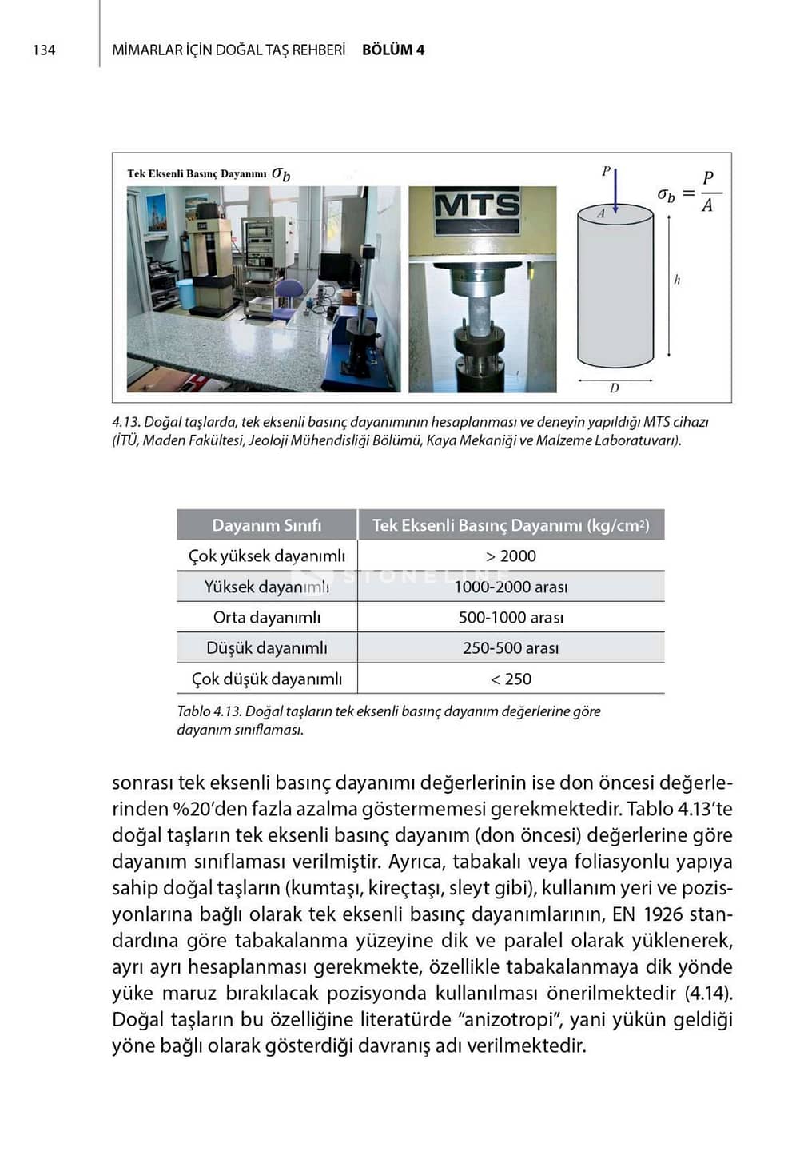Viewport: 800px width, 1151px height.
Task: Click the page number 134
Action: coord(44,50)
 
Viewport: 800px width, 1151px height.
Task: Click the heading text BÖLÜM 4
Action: coord(392,50)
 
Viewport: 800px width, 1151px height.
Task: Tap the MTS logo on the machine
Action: coord(477,205)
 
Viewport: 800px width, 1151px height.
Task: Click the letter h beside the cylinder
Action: coord(677,280)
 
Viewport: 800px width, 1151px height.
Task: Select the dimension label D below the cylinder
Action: coord(614,388)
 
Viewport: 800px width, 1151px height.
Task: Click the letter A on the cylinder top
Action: coord(602,213)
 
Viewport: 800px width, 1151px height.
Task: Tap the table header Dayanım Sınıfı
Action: coord(266,525)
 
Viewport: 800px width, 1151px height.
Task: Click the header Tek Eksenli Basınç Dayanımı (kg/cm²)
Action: coord(511,525)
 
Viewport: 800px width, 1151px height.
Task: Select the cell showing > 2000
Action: coord(511,556)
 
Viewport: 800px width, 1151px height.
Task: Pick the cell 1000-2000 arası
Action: coord(511,587)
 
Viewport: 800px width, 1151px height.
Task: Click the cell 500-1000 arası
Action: coord(511,617)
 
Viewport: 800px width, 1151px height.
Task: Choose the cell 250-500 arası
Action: coord(511,648)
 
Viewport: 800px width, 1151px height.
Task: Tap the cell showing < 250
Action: coord(511,679)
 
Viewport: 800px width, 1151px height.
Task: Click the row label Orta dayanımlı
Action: coord(266,617)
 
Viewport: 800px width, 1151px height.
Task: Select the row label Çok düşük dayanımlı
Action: coord(266,679)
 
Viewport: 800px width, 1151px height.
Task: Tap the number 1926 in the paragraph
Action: coord(662,914)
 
